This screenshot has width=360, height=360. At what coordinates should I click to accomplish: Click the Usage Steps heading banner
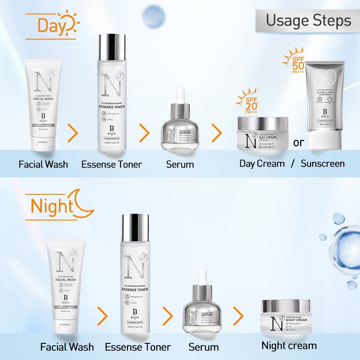point(308,20)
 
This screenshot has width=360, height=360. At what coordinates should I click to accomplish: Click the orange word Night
point(51,206)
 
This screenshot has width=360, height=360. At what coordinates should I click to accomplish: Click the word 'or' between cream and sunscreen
point(299,143)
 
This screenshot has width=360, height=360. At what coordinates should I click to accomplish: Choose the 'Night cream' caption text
point(289,346)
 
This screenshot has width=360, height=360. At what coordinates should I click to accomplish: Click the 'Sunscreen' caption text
point(323,163)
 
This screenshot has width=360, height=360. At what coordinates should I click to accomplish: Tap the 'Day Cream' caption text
point(262,163)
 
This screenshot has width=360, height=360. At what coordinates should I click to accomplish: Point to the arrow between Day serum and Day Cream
point(217,133)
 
